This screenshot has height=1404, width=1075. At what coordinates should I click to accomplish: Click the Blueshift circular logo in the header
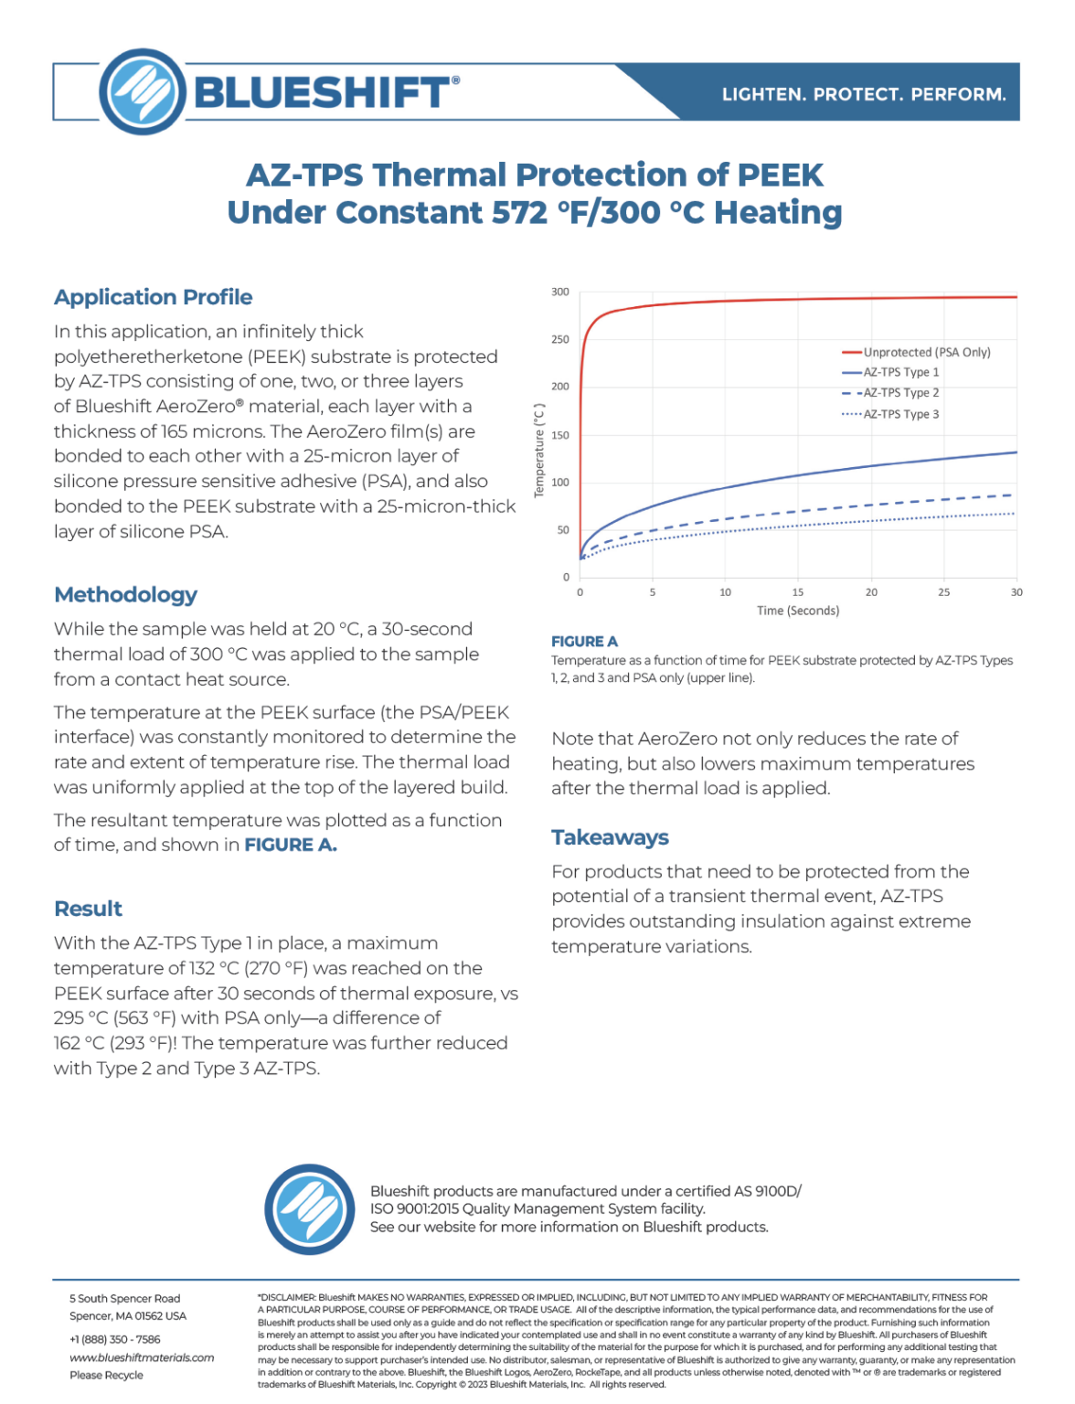click(x=143, y=91)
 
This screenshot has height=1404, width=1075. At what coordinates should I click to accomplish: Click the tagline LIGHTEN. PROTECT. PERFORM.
click(x=863, y=94)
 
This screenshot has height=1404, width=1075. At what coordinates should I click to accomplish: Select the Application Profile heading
click(x=153, y=297)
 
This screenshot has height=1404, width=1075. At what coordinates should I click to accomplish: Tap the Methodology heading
click(x=125, y=595)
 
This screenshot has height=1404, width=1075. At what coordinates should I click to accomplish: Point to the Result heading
click(x=88, y=909)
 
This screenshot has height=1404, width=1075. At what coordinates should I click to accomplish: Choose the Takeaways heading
click(x=610, y=837)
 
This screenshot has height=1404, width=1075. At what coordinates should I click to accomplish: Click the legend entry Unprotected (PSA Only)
click(x=926, y=352)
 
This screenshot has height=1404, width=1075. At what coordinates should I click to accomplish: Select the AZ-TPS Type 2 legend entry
click(x=900, y=393)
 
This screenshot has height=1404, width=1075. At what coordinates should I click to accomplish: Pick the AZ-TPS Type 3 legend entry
click(x=900, y=414)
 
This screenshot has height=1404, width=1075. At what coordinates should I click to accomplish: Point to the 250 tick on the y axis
click(x=559, y=339)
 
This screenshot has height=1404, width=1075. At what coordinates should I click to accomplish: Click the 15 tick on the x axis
click(x=798, y=592)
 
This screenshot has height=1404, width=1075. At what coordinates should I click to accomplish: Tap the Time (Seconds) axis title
click(x=798, y=611)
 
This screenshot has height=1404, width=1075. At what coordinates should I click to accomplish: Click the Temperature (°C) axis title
click(x=539, y=451)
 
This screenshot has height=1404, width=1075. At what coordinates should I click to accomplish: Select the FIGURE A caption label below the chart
click(x=584, y=642)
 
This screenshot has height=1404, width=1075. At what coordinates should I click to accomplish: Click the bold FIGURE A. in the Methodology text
click(x=291, y=846)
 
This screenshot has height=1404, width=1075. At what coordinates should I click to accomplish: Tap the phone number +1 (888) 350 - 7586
click(x=115, y=1339)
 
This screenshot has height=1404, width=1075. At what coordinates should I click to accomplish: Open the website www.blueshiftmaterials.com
click(x=142, y=1357)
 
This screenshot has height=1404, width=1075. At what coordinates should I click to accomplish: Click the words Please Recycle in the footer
click(x=106, y=1375)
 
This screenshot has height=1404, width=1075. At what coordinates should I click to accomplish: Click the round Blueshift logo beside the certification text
click(x=310, y=1209)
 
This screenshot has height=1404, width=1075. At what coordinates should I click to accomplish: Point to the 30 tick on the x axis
click(x=1016, y=592)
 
